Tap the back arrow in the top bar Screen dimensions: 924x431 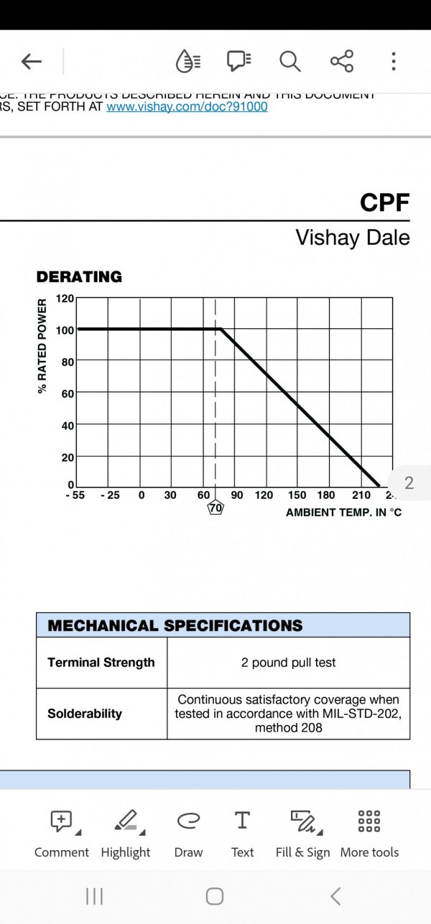click(32, 62)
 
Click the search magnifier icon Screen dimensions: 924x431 click(290, 62)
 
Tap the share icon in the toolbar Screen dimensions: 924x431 click(342, 62)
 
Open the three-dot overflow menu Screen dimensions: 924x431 click(394, 62)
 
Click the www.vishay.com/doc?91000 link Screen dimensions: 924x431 click(187, 107)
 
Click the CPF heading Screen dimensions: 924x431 click(384, 203)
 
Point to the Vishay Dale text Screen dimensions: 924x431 click(352, 238)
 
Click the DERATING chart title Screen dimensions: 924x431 click(79, 277)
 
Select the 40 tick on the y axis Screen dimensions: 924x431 click(68, 425)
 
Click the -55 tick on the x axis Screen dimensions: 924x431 click(75, 495)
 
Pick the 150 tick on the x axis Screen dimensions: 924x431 click(297, 495)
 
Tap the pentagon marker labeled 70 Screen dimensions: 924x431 click(215, 508)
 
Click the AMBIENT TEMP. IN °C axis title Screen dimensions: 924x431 click(343, 513)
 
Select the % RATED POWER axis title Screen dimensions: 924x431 click(43, 346)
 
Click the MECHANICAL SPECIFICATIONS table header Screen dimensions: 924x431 click(175, 625)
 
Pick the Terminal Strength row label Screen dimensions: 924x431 click(101, 663)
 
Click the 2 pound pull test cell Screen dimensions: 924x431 click(288, 663)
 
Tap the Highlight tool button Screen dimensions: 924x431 click(126, 833)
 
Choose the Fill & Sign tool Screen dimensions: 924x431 click(302, 833)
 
